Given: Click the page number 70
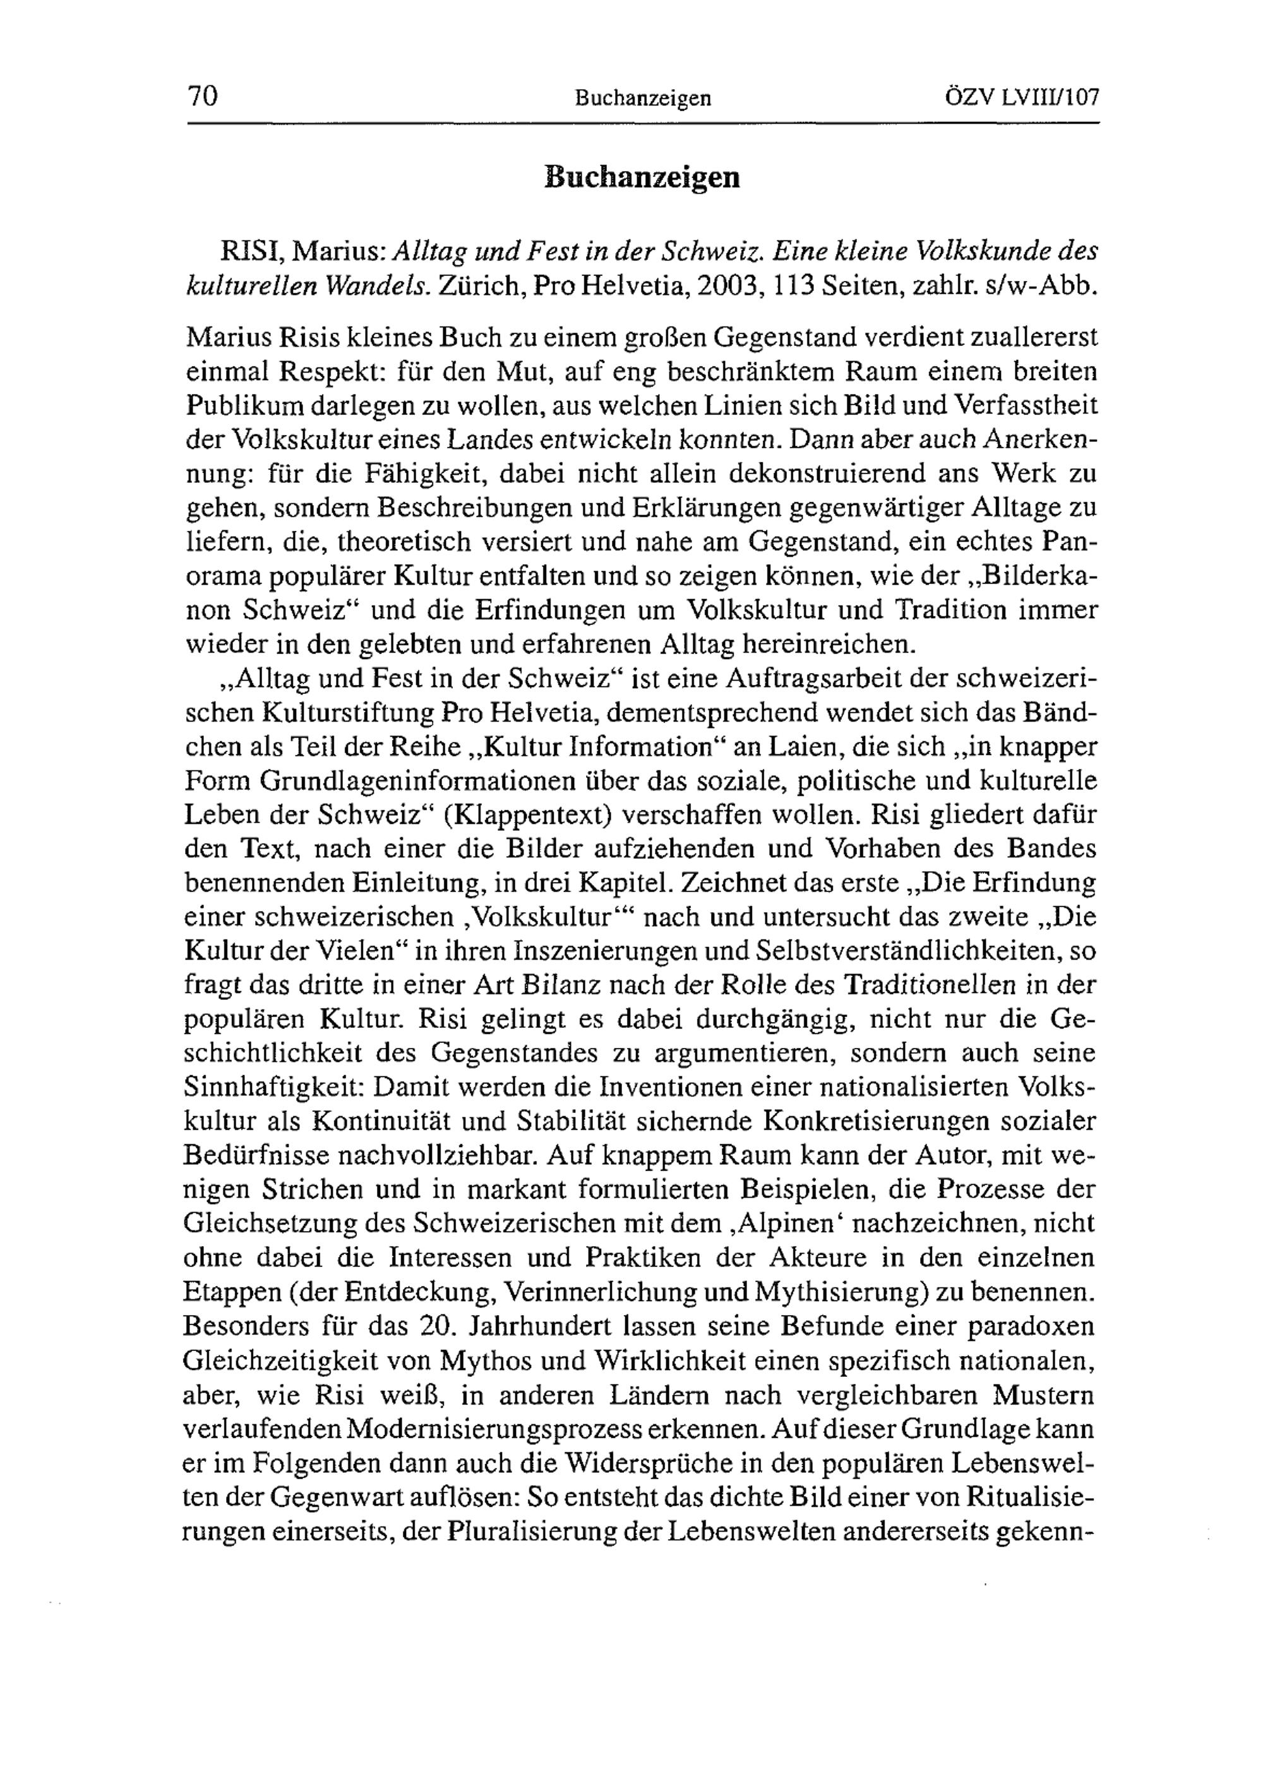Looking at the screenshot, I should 202,97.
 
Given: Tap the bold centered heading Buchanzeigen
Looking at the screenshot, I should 642,177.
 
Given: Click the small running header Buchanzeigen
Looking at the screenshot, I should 643,98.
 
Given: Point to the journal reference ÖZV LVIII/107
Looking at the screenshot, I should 1021,97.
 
